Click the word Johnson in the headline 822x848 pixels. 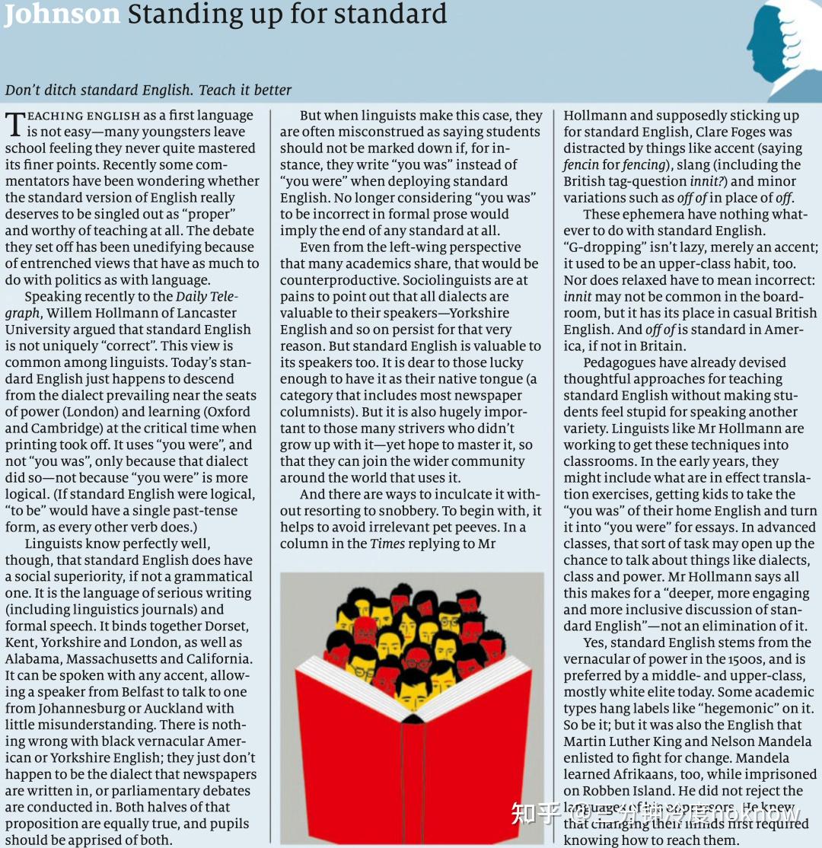(x=62, y=14)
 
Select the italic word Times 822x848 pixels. (x=387, y=543)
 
